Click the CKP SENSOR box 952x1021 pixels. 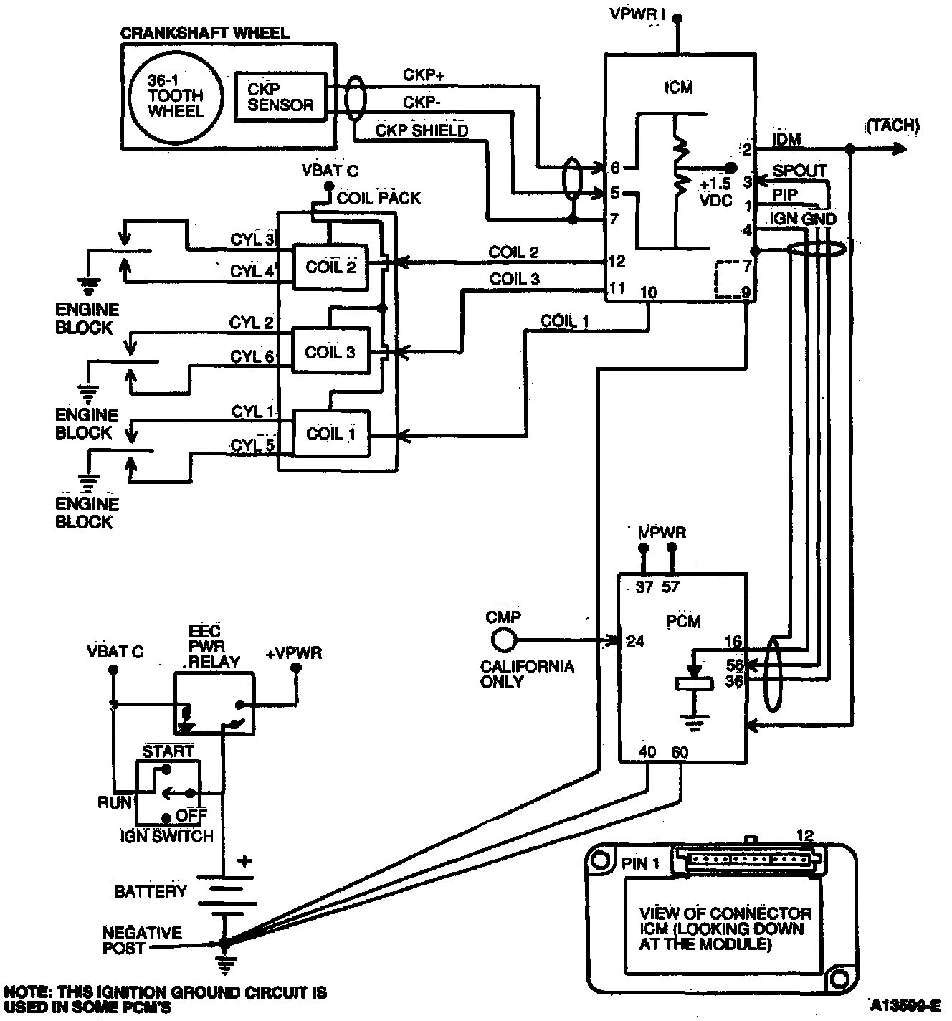pos(280,97)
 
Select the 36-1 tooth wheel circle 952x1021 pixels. pos(176,95)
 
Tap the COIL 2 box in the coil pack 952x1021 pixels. pos(330,267)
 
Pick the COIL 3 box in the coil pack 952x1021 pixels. pos(330,351)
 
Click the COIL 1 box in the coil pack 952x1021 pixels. pos(330,433)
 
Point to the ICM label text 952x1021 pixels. pos(678,87)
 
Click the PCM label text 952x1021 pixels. pos(682,621)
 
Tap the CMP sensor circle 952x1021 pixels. pos(503,639)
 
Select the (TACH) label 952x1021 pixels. pos(892,126)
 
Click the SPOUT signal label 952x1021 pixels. pos(799,171)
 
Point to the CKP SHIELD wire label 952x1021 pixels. pos(422,130)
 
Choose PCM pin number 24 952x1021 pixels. pos(636,641)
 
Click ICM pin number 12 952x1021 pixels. pos(617,262)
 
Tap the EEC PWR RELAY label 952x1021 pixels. pos(213,647)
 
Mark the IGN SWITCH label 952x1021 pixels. pos(167,836)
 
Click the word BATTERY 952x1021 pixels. pos(151,891)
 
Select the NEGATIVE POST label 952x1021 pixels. pos(142,940)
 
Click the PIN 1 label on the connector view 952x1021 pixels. pos(639,863)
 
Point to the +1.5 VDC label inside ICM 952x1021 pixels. pos(715,192)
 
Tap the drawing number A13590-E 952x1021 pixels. pos(906,1004)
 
